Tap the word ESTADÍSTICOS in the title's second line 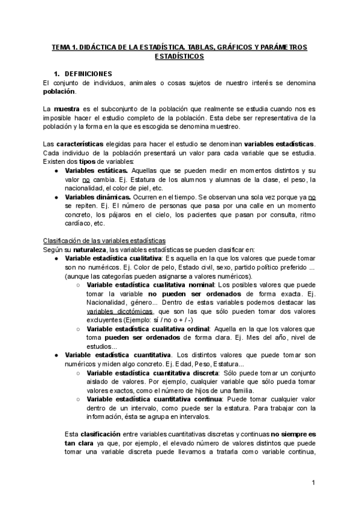click(x=179, y=56)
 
